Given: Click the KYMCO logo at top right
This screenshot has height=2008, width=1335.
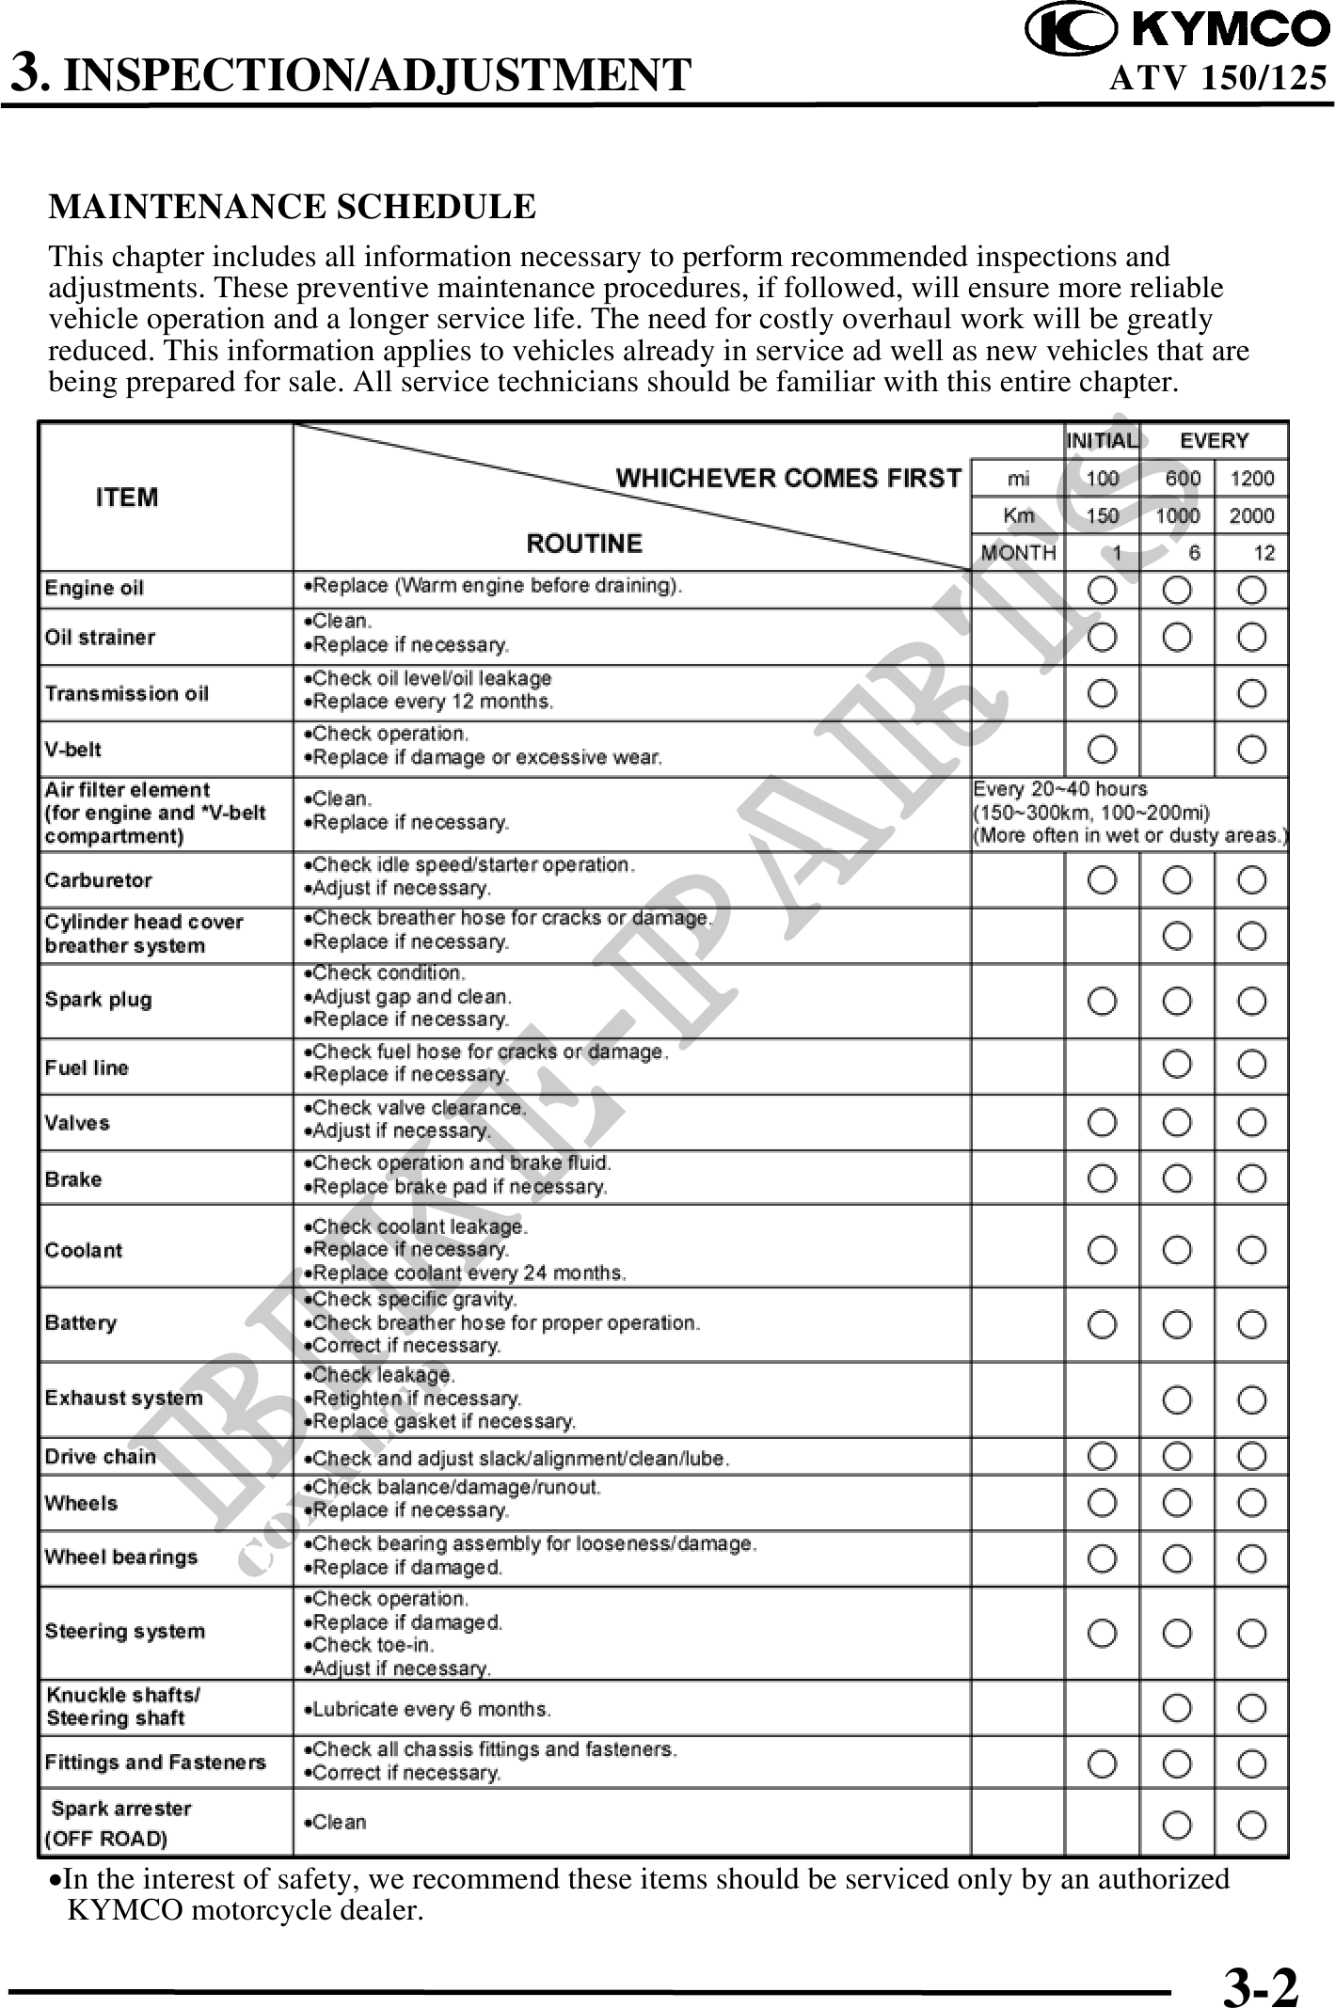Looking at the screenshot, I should click(x=1177, y=30).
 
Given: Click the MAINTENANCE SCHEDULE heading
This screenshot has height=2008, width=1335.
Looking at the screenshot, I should click(x=292, y=207).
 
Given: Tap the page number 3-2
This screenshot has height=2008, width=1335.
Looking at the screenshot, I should click(x=1261, y=1962).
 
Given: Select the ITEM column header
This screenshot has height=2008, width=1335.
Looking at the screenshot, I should click(x=127, y=497).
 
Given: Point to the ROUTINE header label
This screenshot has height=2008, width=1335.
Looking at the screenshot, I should click(x=584, y=544).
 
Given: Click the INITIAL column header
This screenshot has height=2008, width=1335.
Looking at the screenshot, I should click(x=1101, y=440).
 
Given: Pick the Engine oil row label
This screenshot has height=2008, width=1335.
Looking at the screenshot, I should click(x=95, y=589).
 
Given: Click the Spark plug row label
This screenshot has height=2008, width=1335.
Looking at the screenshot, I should click(x=98, y=999).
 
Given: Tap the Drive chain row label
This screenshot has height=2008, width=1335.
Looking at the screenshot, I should click(x=101, y=1457).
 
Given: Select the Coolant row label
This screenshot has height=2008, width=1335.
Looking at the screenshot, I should click(x=84, y=1250).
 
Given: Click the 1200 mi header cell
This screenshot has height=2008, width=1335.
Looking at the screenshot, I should click(x=1251, y=478).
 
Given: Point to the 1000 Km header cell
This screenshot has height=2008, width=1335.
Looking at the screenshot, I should click(x=1177, y=515).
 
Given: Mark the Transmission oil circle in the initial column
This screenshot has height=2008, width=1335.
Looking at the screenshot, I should click(x=1103, y=694).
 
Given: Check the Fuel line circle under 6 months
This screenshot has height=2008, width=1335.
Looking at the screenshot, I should click(x=1176, y=1065).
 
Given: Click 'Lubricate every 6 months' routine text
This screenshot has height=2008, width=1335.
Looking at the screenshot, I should click(x=431, y=1708).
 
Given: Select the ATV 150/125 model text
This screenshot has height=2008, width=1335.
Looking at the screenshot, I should click(x=1218, y=77).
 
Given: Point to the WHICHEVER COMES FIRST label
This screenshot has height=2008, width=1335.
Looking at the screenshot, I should click(x=788, y=478).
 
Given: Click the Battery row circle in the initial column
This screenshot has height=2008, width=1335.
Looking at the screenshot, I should click(x=1103, y=1325).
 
